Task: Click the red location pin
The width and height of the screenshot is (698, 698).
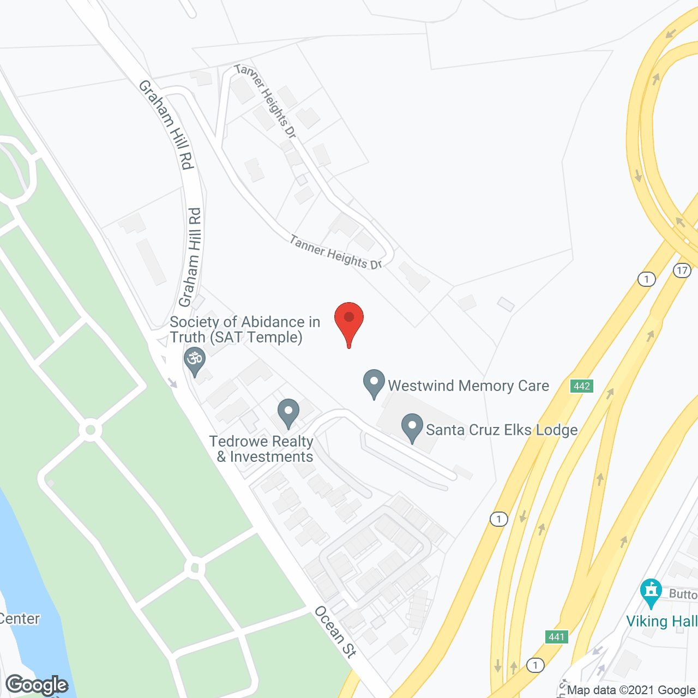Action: (x=349, y=322)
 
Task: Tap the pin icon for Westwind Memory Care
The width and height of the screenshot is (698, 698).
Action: (x=374, y=383)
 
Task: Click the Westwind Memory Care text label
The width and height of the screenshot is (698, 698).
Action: (x=468, y=386)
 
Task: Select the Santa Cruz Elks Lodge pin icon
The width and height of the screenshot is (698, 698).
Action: (x=412, y=428)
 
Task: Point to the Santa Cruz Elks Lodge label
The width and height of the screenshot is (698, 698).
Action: (x=502, y=430)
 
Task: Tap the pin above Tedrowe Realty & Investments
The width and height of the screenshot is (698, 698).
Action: (x=288, y=413)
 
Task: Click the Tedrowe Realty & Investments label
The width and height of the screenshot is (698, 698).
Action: (x=262, y=449)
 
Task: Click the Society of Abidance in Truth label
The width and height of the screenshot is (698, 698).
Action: (x=244, y=329)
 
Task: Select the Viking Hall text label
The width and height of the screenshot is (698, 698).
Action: (x=661, y=621)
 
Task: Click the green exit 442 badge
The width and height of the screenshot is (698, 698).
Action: (x=582, y=386)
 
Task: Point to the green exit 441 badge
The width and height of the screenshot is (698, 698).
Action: (x=557, y=637)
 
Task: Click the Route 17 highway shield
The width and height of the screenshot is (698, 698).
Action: (x=682, y=270)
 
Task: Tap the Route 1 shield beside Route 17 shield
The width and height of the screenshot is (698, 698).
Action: (x=646, y=279)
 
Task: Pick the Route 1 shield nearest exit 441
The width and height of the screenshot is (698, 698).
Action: (x=535, y=665)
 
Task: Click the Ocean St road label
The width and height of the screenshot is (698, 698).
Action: (x=335, y=631)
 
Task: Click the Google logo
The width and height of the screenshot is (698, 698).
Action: (x=37, y=685)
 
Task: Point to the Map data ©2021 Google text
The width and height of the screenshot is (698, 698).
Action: (x=631, y=690)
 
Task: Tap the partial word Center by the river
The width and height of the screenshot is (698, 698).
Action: (x=20, y=619)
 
